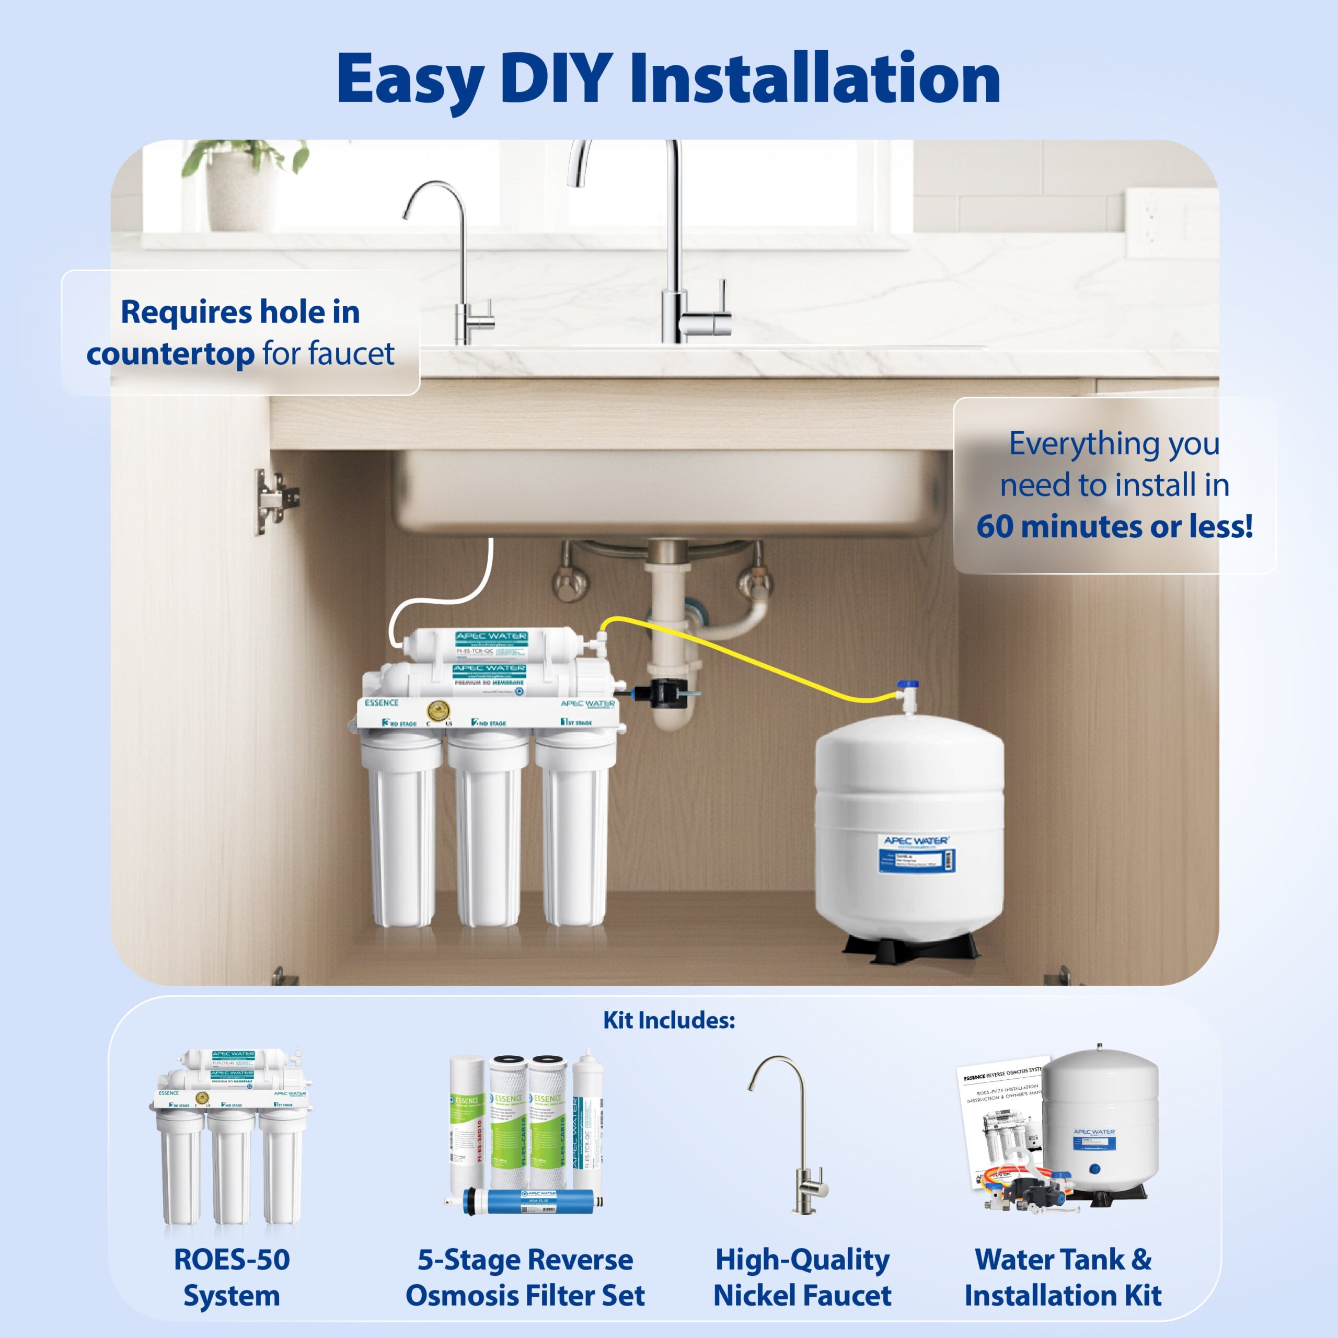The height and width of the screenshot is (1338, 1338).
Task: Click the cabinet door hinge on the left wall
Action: [x=275, y=500]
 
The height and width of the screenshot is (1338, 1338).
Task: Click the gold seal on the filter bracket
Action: [x=437, y=711]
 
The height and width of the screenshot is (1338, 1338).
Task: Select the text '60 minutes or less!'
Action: [x=1114, y=526]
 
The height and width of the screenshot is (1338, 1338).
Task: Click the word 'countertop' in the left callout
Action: [x=170, y=354]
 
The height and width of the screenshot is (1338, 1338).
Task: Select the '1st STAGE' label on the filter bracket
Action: [x=576, y=722]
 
